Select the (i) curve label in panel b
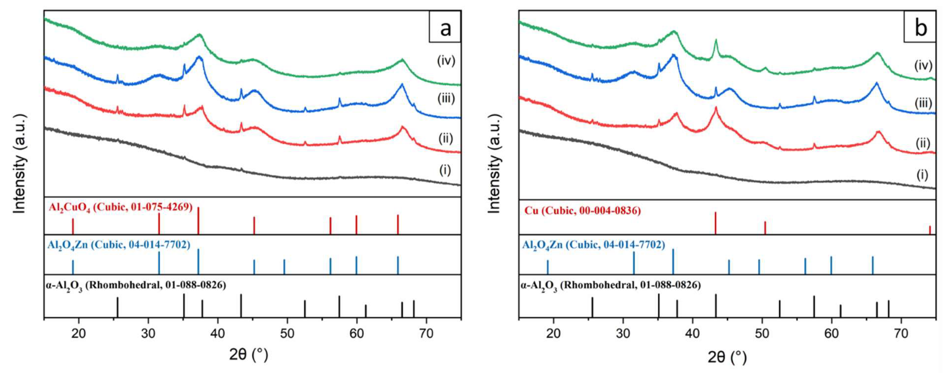tap(922, 174)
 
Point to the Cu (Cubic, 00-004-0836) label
tap(583, 211)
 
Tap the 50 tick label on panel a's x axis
tap(287, 334)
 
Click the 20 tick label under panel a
tap(78, 334)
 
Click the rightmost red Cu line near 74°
tap(930, 230)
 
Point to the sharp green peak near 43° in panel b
tap(716, 41)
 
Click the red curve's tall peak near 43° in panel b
tap(715, 108)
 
